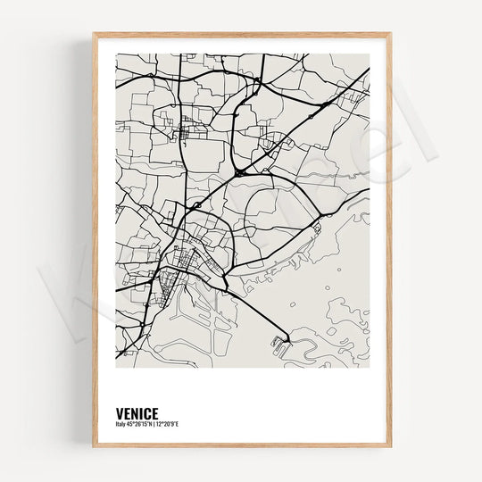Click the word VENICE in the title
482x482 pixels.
137,413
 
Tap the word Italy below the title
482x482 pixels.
120,424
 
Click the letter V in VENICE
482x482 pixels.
119,413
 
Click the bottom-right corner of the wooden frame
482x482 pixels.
390,446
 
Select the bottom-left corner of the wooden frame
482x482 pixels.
93,446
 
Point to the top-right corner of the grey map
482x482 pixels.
369,54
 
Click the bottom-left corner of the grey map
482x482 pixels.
116,368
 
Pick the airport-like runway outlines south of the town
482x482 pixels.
192,308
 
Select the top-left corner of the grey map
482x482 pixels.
116,54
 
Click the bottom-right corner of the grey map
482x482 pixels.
369,368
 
